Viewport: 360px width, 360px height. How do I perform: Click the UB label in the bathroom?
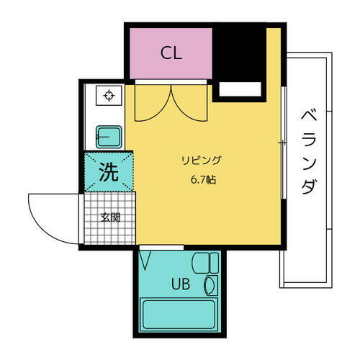[x=180, y=284]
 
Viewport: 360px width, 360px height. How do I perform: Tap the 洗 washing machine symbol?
[x=108, y=172]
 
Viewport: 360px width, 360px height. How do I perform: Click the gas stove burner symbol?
[x=109, y=96]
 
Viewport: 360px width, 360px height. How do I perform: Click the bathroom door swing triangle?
[x=145, y=257]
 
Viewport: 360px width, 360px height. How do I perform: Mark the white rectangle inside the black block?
[x=240, y=89]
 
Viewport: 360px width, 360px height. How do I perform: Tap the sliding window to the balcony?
[x=283, y=144]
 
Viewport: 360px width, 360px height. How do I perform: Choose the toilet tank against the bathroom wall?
[x=214, y=263]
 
